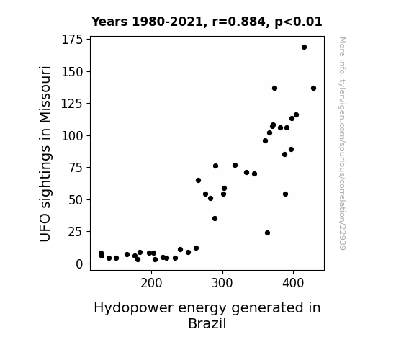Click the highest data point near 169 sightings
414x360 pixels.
pyautogui.click(x=304, y=48)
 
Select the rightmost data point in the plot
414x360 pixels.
pyautogui.click(x=313, y=89)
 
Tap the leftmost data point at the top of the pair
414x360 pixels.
pyautogui.click(x=101, y=253)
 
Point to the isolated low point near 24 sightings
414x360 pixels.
pyautogui.click(x=267, y=233)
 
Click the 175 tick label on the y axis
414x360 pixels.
pyautogui.click(x=72, y=40)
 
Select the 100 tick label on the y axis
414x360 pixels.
pyautogui.click(x=72, y=136)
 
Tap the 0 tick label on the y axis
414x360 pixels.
pyautogui.click(x=79, y=264)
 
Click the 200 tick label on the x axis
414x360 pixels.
pyautogui.click(x=151, y=283)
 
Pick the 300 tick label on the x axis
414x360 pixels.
pyautogui.click(x=222, y=283)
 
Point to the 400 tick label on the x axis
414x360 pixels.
pyautogui.click(x=293, y=283)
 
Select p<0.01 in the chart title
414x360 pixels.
pyautogui.click(x=298, y=22)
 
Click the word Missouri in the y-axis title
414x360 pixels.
pyautogui.click(x=45, y=94)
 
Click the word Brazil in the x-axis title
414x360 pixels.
pyautogui.click(x=207, y=323)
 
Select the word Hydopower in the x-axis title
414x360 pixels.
pyautogui.click(x=134, y=308)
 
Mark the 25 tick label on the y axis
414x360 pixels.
pyautogui.click(x=76, y=232)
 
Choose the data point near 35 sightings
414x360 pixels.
pyautogui.click(x=215, y=218)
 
